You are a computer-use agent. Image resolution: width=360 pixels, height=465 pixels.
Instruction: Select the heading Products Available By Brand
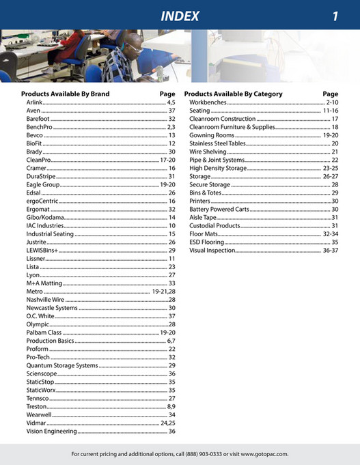click(x=65, y=94)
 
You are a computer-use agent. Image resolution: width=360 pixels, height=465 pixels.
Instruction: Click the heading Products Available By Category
click(x=233, y=94)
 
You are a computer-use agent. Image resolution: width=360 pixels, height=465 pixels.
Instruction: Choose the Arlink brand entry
click(x=34, y=102)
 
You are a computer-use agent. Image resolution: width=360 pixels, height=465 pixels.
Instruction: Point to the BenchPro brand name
click(x=39, y=127)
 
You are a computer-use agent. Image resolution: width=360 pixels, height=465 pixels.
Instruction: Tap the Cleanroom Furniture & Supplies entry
click(x=232, y=127)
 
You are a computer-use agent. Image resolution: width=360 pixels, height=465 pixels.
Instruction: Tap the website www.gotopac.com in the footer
click(x=264, y=453)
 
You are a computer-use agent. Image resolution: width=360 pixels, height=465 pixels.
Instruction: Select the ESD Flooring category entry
click(x=207, y=242)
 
